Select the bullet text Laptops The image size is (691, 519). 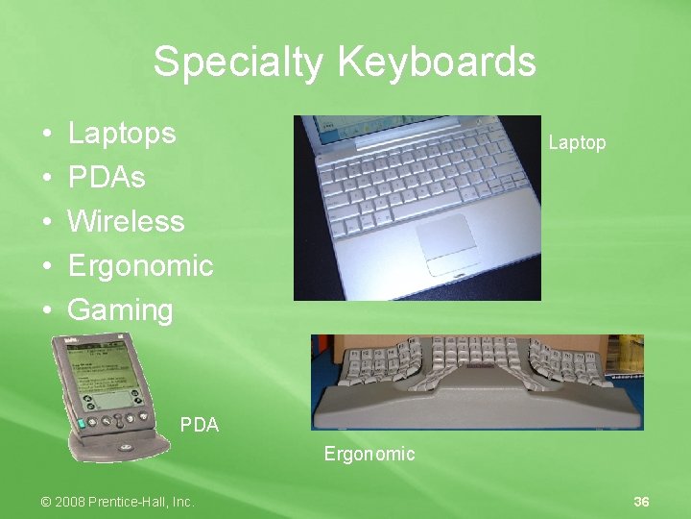coord(122,133)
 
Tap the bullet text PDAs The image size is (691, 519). coord(107,177)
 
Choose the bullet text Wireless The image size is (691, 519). coord(126,221)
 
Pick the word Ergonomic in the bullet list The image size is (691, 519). coord(140,265)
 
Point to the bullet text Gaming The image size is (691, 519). coord(121,309)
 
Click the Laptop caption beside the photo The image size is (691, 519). coord(577,143)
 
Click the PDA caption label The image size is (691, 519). coord(199,425)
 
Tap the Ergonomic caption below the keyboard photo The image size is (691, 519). coord(369,454)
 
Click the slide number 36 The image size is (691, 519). coord(641,502)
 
